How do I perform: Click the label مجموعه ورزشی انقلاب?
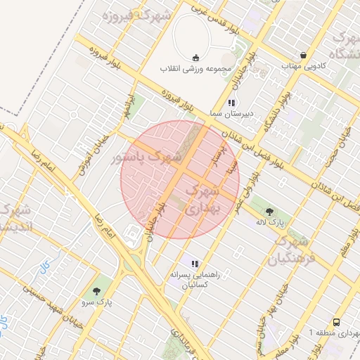[194, 70]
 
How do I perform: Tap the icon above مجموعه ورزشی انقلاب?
[195, 58]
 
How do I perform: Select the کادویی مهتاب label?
[301, 65]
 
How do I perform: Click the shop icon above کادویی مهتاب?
[303, 55]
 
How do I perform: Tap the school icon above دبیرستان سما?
[231, 103]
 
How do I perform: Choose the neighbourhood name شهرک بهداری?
[205, 200]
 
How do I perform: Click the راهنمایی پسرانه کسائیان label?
[195, 280]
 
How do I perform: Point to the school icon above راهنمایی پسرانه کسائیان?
[195, 263]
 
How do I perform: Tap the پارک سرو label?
[96, 302]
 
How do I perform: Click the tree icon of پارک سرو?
[96, 290]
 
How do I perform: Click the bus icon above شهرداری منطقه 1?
[337, 320]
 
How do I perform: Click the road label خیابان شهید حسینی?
[57, 303]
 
